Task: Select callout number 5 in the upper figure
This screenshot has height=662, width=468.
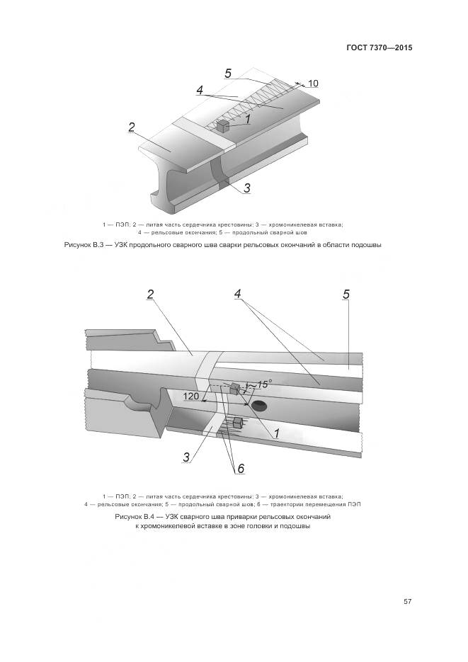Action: coord(228,73)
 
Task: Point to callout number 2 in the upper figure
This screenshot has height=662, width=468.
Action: coord(132,127)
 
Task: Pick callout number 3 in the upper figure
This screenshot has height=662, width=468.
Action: coord(246,188)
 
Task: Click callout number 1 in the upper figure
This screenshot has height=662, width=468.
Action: coord(249,120)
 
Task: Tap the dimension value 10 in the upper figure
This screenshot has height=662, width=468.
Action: coord(312,84)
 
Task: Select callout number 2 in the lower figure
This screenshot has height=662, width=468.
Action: coord(150,294)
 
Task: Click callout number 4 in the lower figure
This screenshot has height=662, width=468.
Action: coord(238,294)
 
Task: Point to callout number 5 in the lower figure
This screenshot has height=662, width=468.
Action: coord(346,294)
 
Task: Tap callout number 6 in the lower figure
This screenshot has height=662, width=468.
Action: coord(240,469)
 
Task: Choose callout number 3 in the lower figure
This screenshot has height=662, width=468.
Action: coord(186,457)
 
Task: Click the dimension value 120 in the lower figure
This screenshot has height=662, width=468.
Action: coord(190,396)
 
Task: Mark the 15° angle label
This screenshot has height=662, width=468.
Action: coord(263,384)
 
